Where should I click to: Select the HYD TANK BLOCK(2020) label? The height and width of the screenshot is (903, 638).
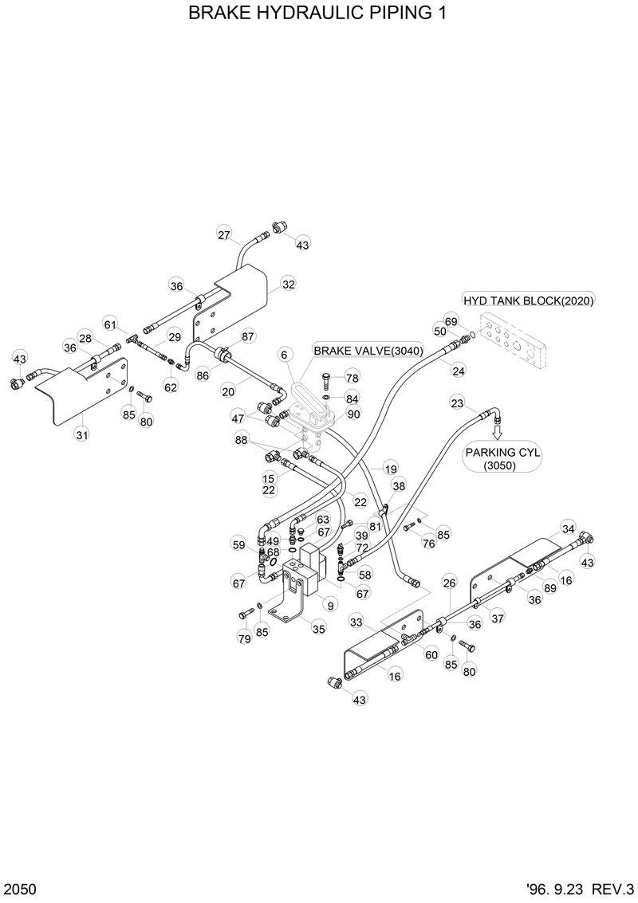(x=529, y=300)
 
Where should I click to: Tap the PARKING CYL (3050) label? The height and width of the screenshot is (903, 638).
(x=503, y=458)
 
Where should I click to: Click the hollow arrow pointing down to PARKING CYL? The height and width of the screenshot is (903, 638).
(x=498, y=430)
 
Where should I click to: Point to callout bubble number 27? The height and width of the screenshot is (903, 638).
(x=224, y=234)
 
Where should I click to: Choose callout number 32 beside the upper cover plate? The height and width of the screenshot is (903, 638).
(x=288, y=285)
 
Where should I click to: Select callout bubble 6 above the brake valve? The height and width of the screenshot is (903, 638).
(x=283, y=354)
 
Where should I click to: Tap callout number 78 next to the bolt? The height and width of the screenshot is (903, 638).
(x=352, y=377)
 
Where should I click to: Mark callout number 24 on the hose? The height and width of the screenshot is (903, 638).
(x=458, y=370)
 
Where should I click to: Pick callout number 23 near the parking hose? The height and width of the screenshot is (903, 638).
(x=456, y=403)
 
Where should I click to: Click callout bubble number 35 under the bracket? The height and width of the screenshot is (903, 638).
(x=318, y=628)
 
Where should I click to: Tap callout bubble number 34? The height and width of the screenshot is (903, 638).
(x=568, y=528)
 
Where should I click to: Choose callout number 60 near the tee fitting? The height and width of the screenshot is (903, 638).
(x=431, y=654)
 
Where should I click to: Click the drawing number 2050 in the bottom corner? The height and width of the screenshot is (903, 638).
(x=19, y=888)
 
